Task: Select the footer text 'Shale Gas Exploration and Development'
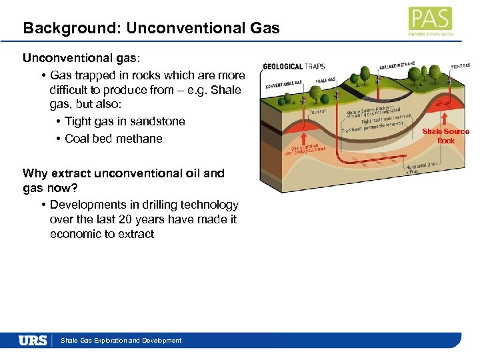pyautogui.click(x=121, y=341)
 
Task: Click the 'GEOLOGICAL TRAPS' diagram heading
pyautogui.click(x=294, y=67)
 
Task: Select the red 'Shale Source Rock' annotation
pyautogui.click(x=445, y=136)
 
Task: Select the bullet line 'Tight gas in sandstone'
pyautogui.click(x=125, y=121)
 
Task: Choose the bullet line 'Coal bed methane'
pyautogui.click(x=113, y=139)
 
